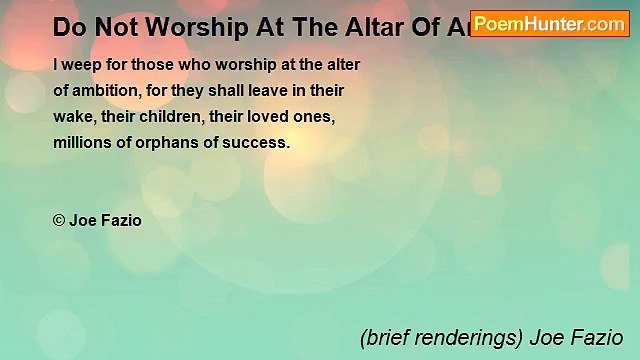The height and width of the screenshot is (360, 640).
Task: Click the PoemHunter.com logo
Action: click(549, 22)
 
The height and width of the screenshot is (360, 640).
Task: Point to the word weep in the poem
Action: click(81, 64)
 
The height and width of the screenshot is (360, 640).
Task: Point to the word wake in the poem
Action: click(71, 116)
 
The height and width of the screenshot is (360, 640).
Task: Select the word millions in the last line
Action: click(80, 142)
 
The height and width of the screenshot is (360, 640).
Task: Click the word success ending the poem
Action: click(259, 142)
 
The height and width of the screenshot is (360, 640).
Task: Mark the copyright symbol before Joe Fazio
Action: click(59, 220)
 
